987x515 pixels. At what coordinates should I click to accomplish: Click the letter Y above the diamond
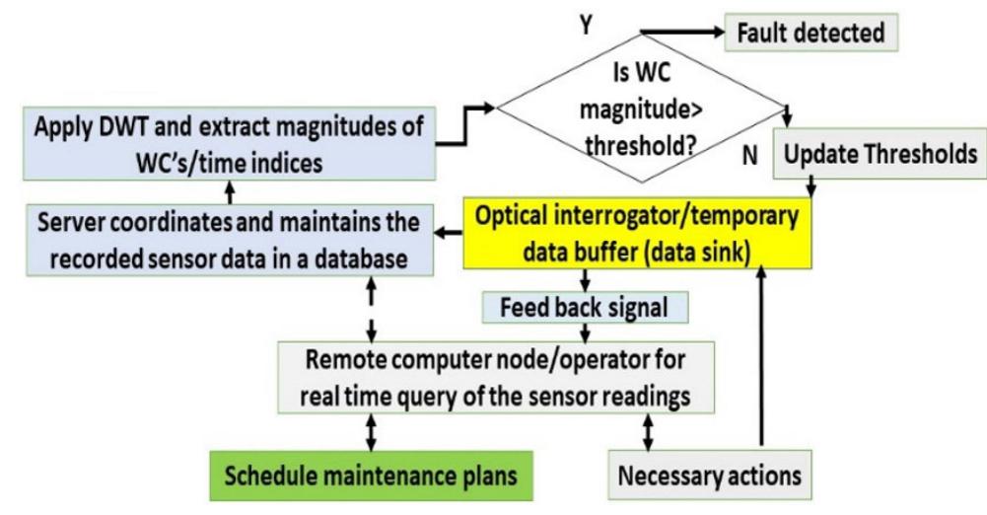tap(588, 25)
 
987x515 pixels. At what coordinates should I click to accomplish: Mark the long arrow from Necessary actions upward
tap(759, 365)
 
